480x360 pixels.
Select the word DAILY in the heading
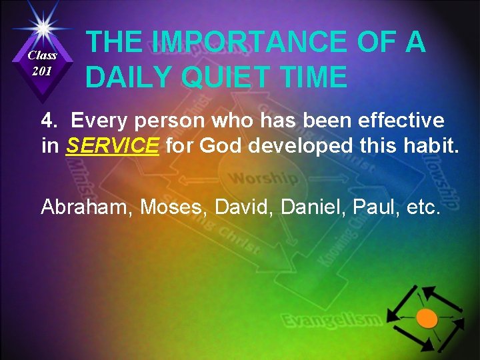[127, 77]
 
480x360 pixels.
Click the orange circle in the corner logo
[427, 318]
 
